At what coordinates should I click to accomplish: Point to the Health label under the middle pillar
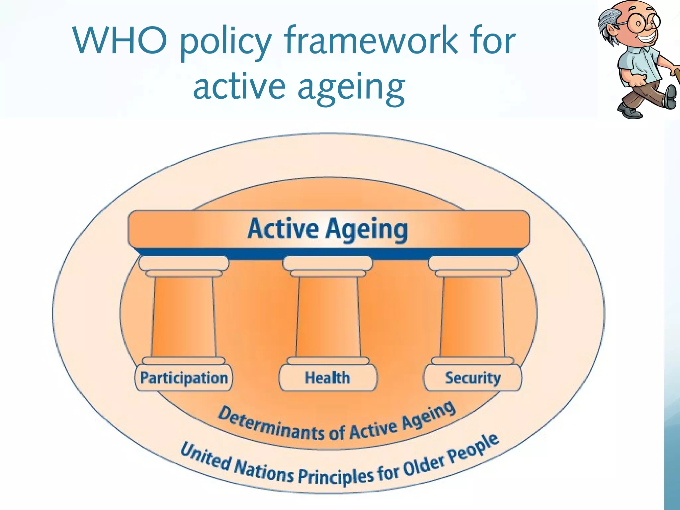click(328, 378)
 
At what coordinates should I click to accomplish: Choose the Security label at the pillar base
click(472, 378)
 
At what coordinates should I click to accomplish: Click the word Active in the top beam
click(283, 229)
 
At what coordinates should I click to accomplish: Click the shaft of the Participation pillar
click(184, 317)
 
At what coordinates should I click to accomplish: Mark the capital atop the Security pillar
click(473, 266)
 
